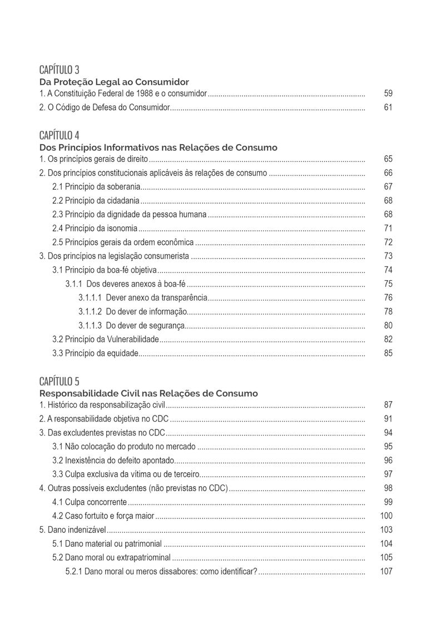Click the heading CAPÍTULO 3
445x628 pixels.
60,70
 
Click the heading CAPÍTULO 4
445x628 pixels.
60,135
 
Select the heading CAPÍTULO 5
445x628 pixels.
60,381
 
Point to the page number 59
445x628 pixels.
388,93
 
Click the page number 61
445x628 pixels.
388,107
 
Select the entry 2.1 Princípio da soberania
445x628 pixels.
96,186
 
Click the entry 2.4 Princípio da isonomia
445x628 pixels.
95,228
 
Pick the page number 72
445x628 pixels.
388,242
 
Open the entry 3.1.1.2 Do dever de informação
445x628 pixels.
132,311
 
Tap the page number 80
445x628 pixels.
388,325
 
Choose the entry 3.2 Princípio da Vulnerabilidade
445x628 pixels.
106,339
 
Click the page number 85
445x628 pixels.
388,353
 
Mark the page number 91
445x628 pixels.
388,419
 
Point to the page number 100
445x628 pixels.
386,516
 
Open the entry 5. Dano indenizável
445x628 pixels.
72,530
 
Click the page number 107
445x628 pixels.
386,571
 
